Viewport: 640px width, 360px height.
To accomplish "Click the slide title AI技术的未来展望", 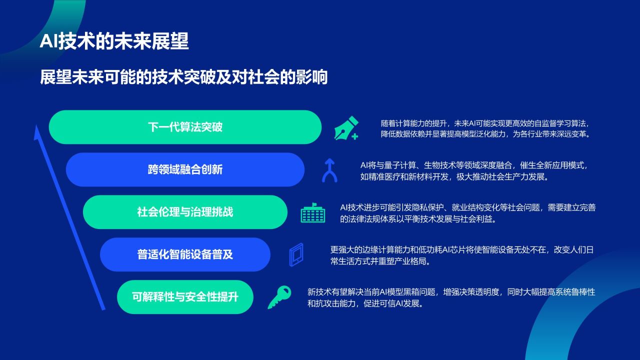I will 114,42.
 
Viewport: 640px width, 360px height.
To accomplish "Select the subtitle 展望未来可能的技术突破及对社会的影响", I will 183,78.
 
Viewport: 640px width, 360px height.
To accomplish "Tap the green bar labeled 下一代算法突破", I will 185,127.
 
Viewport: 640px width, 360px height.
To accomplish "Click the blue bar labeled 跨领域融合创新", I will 185,169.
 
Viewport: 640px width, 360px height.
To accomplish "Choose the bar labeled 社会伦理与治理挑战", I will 185,212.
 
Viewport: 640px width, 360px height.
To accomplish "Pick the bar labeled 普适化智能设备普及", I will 185,254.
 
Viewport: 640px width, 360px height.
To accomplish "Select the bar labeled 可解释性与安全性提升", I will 185,297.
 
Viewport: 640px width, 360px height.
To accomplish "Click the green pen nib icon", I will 346,128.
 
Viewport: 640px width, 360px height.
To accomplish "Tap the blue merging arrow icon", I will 329,170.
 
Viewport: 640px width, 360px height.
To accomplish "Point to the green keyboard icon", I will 313,213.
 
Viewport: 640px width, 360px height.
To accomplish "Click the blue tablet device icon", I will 296,254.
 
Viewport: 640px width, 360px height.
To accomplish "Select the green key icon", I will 279,297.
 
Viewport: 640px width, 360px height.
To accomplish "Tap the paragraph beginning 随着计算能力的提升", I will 485,128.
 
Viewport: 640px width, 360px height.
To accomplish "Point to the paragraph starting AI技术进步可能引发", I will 467,213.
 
